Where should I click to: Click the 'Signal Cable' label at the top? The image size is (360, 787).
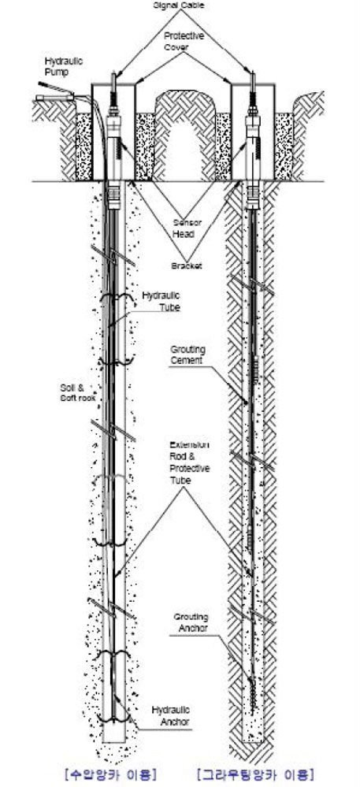click(x=181, y=5)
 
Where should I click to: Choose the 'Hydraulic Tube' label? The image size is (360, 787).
click(x=161, y=301)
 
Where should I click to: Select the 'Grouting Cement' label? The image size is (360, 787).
click(x=187, y=355)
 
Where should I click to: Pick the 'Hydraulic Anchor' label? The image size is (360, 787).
click(x=171, y=715)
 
